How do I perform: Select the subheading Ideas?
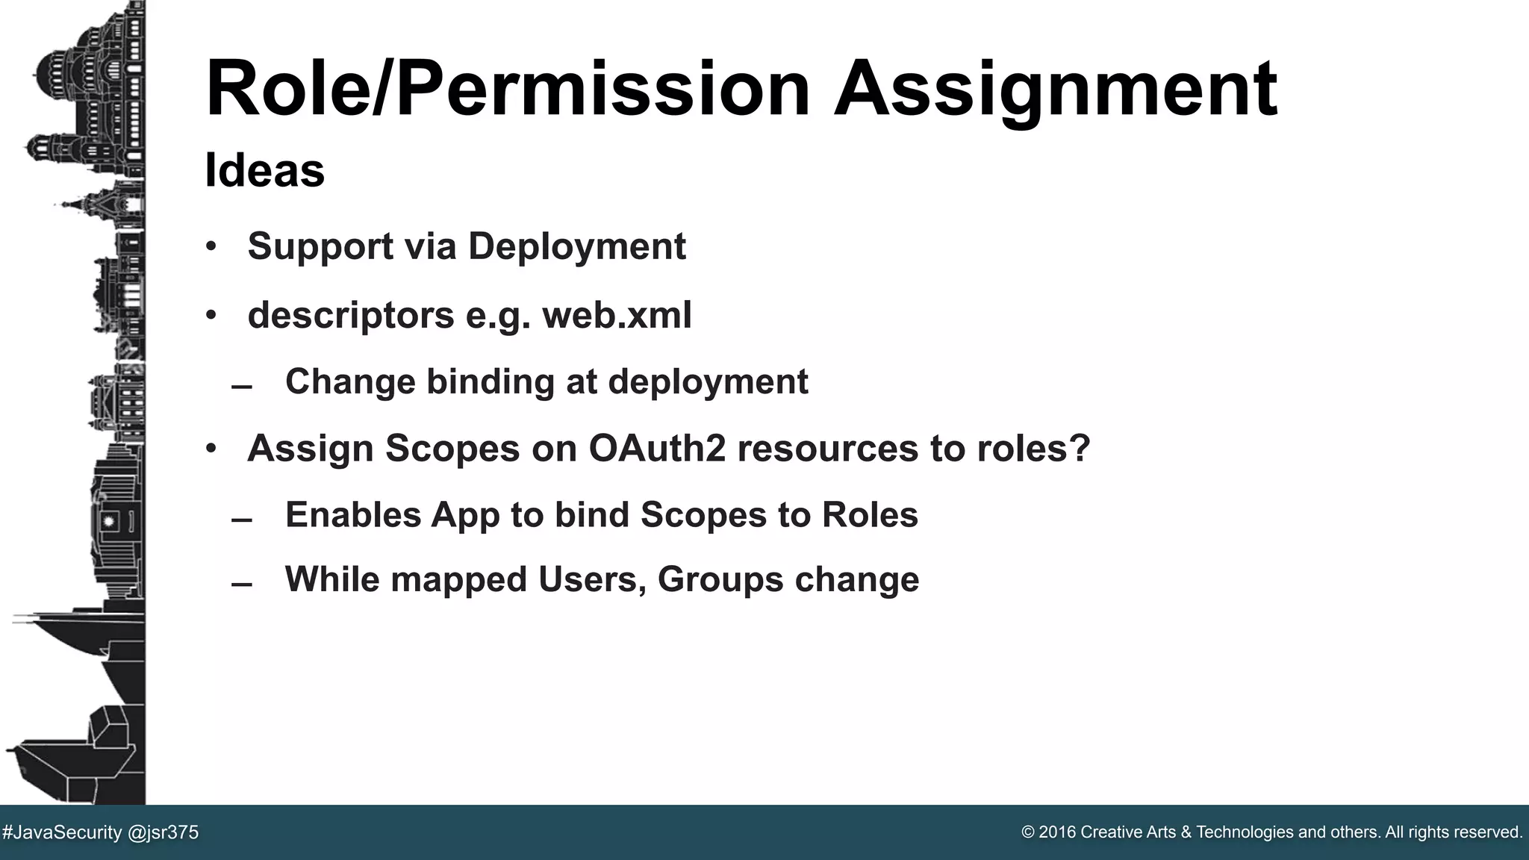[264, 170]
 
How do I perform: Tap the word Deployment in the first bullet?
[576, 246]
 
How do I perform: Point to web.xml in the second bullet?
[617, 315]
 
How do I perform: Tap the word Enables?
[353, 514]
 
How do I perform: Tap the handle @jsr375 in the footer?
[164, 832]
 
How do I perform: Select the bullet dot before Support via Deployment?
[211, 247]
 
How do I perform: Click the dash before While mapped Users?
[241, 585]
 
